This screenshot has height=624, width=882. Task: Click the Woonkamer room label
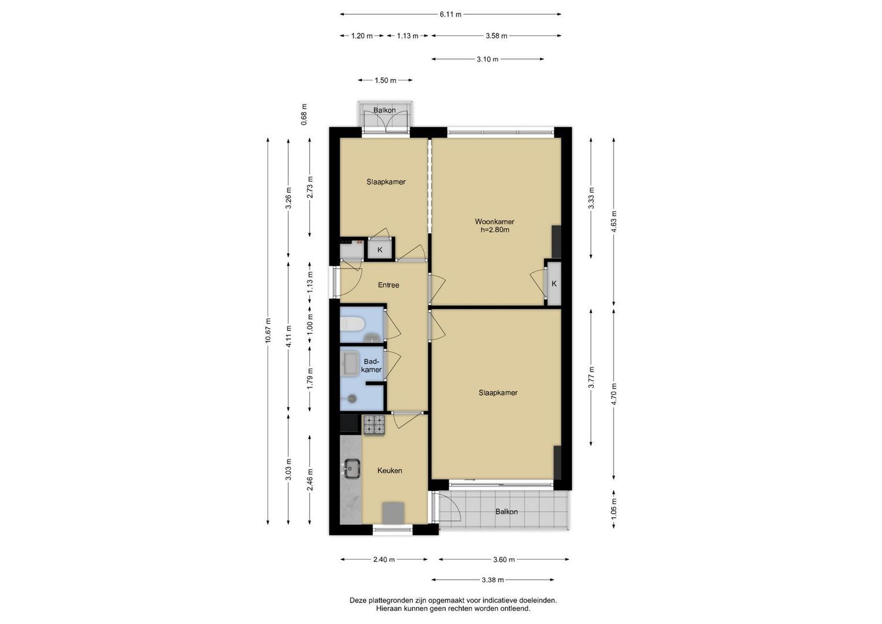(x=494, y=221)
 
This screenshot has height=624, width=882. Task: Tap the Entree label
(x=388, y=285)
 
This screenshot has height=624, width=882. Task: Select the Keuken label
(x=389, y=470)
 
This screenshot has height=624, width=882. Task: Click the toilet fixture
(x=352, y=325)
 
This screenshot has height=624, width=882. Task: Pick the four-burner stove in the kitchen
(x=374, y=425)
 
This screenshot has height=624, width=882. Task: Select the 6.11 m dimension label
(x=451, y=14)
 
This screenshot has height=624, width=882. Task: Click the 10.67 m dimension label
(x=268, y=330)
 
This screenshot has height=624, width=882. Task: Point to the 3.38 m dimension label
(x=493, y=580)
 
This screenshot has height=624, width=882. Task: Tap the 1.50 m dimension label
(x=385, y=80)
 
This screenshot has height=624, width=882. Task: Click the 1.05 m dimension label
(x=614, y=509)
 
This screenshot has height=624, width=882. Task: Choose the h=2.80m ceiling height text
(x=494, y=230)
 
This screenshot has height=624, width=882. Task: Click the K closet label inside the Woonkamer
(x=554, y=284)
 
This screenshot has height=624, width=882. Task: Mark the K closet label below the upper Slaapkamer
(x=380, y=250)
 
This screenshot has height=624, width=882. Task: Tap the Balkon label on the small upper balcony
(x=384, y=110)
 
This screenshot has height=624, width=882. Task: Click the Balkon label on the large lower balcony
(x=507, y=512)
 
